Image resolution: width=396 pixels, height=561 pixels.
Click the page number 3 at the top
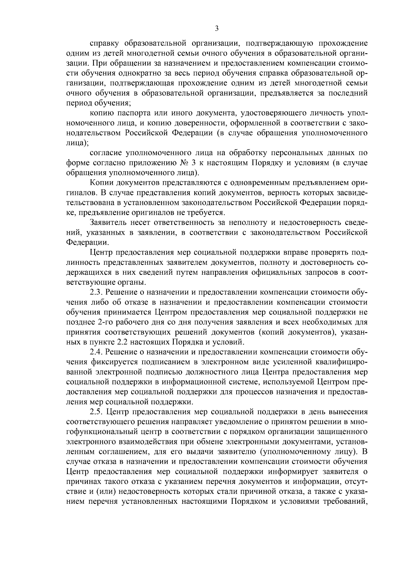pyautogui.click(x=217, y=28)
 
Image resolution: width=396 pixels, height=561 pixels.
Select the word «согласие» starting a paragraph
pyautogui.click(x=106, y=153)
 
